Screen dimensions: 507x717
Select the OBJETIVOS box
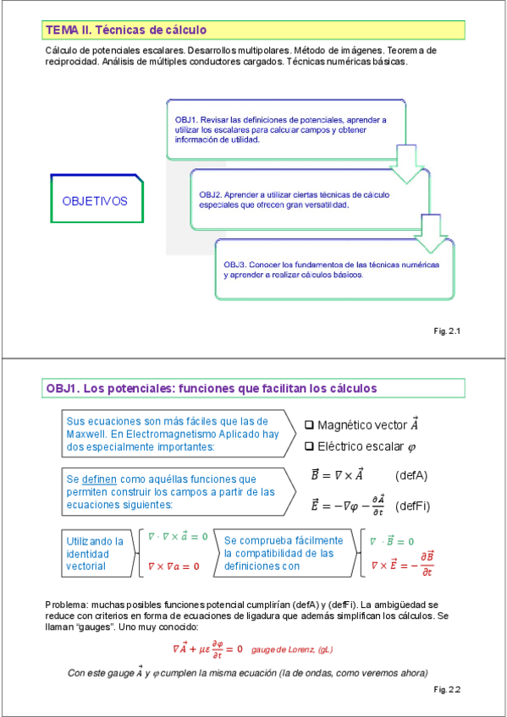tap(95, 201)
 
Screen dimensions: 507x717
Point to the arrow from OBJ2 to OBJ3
tap(432, 233)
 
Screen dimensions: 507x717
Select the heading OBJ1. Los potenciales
tap(212, 388)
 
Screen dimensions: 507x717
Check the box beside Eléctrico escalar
tap(309, 446)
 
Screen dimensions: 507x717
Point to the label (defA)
tap(411, 475)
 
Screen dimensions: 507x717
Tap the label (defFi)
tap(413, 506)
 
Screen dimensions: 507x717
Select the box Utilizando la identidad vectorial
tap(95, 553)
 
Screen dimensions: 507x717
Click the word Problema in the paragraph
tap(66, 605)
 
